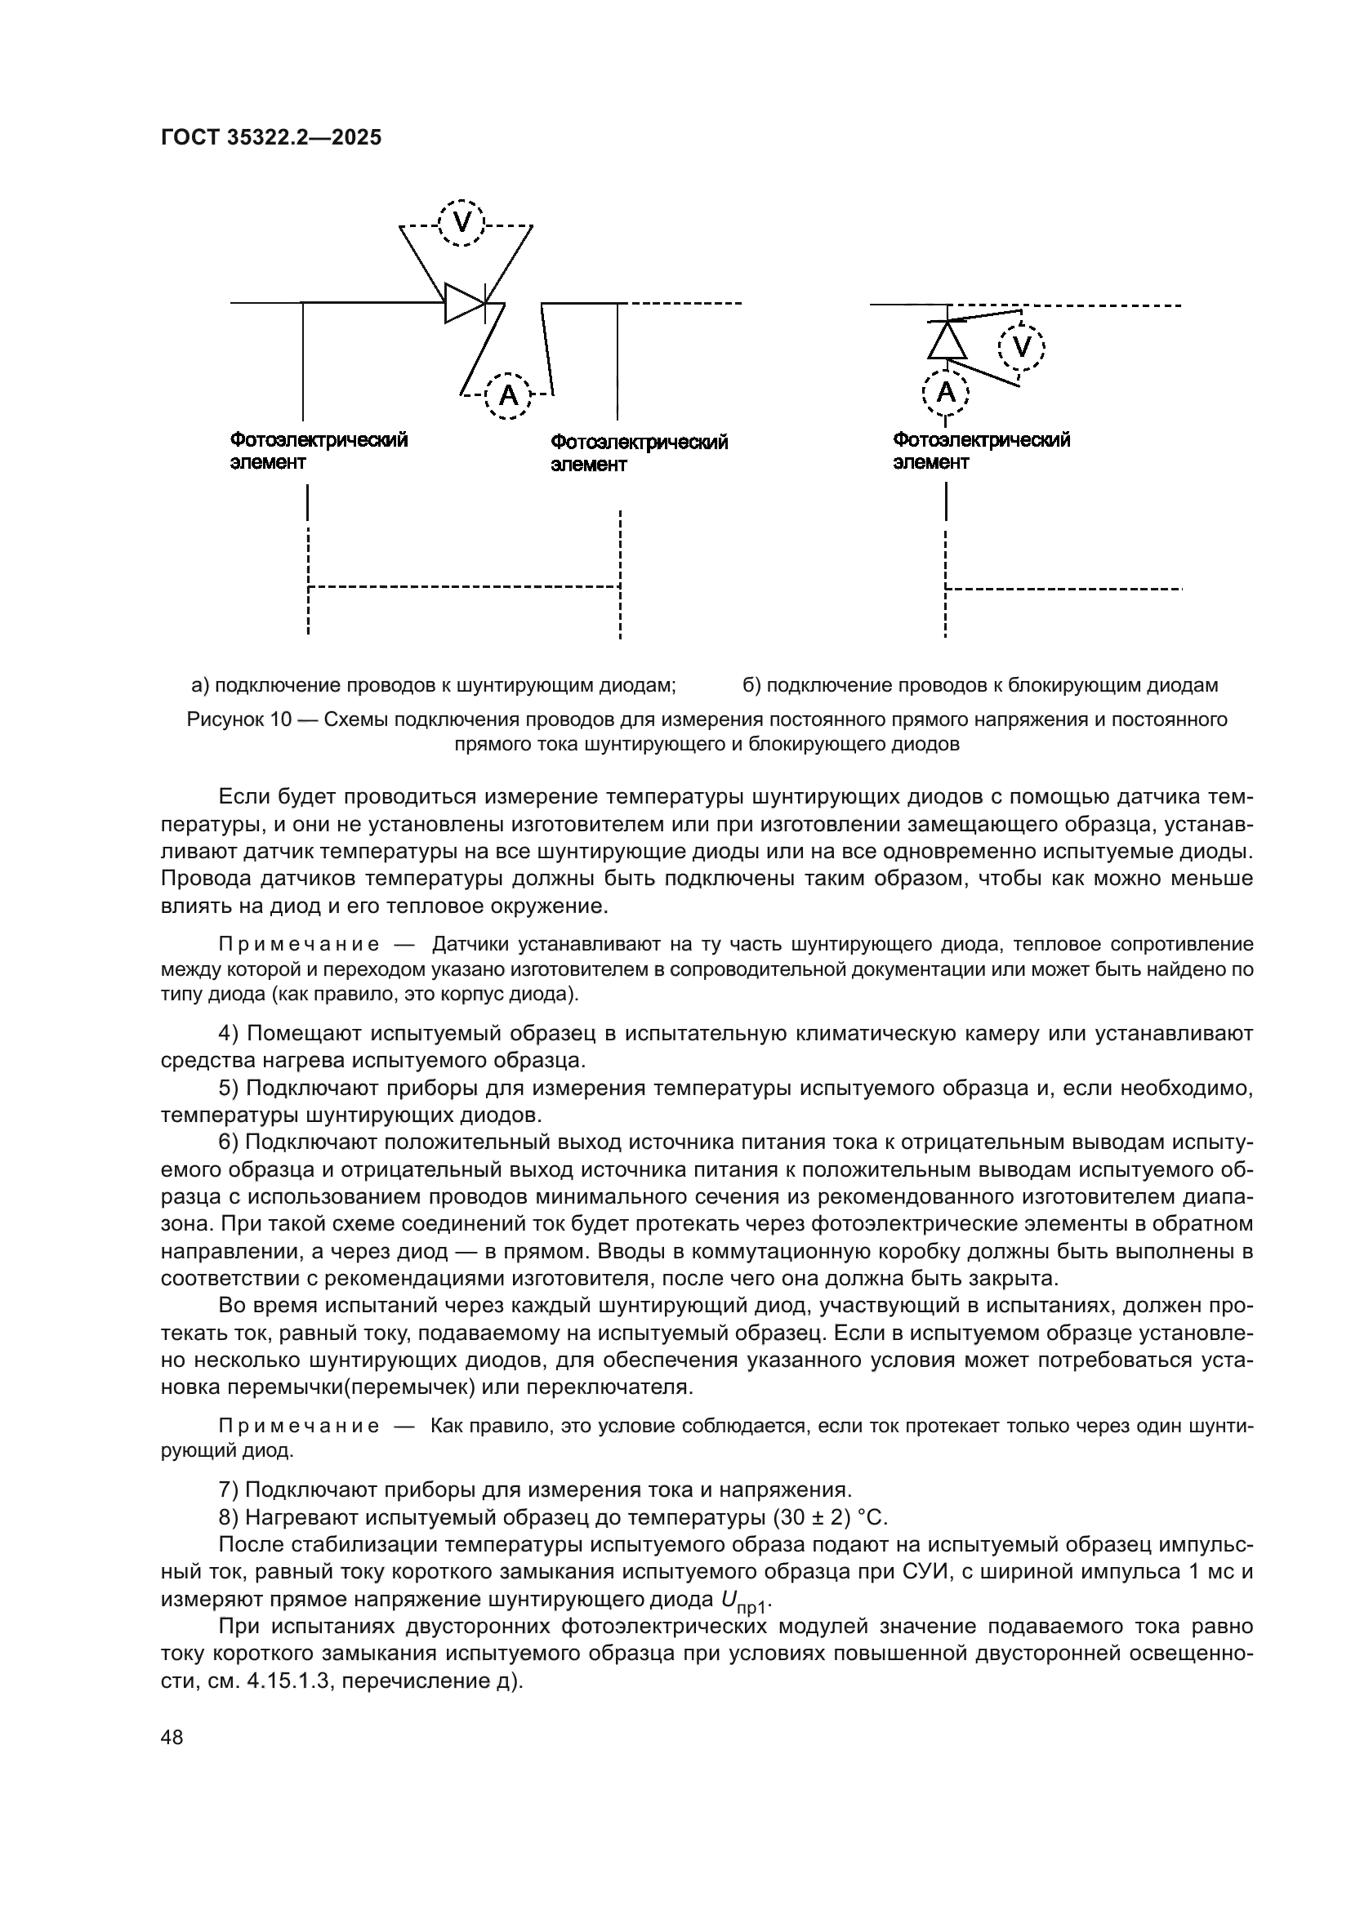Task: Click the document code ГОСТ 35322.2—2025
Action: click(x=271, y=138)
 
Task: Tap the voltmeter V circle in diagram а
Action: click(x=461, y=223)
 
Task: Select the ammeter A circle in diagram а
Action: click(x=507, y=395)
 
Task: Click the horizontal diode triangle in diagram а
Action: click(x=463, y=303)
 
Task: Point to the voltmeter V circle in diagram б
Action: click(x=1022, y=347)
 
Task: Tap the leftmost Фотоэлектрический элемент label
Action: click(x=319, y=451)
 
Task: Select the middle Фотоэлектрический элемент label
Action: click(x=639, y=453)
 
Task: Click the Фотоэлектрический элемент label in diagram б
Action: click(x=981, y=451)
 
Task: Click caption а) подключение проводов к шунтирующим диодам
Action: click(x=434, y=685)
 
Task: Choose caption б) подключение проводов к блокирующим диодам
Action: click(x=980, y=685)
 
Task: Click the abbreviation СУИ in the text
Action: click(x=929, y=1572)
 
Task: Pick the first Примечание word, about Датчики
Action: click(x=299, y=944)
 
